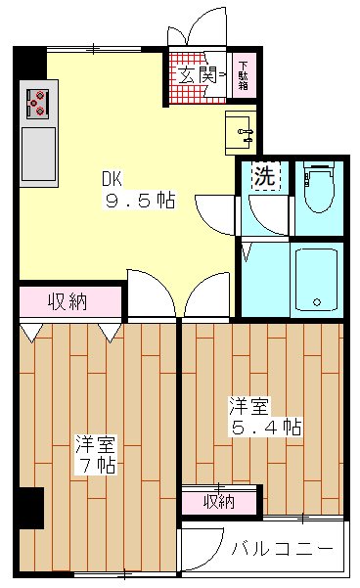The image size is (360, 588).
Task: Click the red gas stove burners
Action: pyautogui.click(x=38, y=102)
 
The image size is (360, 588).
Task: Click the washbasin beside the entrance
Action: pyautogui.click(x=241, y=129)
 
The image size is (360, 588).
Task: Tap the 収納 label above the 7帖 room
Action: pyautogui.click(x=67, y=301)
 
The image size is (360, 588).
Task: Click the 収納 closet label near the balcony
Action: pyautogui.click(x=219, y=501)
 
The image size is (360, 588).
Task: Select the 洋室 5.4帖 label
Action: pyautogui.click(x=262, y=416)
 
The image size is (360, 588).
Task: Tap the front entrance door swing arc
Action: pyautogui.click(x=202, y=27)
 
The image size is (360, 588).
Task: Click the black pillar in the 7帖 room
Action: pyautogui.click(x=31, y=508)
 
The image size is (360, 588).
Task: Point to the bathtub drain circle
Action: pyautogui.click(x=316, y=300)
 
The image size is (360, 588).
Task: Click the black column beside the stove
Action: pyautogui.click(x=30, y=67)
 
